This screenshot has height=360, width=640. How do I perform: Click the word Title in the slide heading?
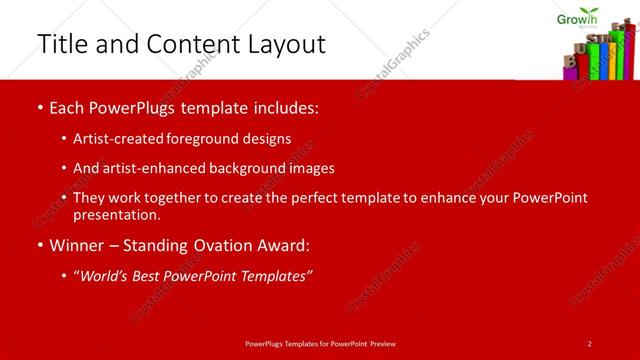[58, 44]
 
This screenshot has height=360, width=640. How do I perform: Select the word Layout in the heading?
[289, 45]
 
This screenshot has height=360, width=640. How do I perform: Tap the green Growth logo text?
[577, 16]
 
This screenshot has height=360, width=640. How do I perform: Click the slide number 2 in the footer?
[590, 343]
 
